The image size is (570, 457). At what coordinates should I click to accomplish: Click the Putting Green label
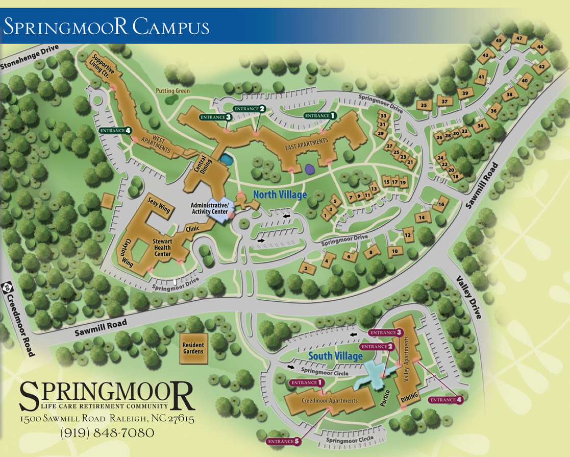[172, 91]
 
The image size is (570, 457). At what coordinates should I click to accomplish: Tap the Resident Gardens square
[193, 349]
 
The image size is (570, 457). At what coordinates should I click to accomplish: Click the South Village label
[335, 356]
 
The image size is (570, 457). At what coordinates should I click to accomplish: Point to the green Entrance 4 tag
[116, 131]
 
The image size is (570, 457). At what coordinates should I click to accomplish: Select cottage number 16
[441, 204]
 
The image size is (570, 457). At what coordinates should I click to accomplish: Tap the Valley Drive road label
[468, 298]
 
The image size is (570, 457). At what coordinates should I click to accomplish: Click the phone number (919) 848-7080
[107, 433]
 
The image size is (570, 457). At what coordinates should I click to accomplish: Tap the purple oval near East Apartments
[309, 167]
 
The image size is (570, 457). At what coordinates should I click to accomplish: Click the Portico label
[386, 398]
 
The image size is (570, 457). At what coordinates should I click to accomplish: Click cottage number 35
[424, 105]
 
